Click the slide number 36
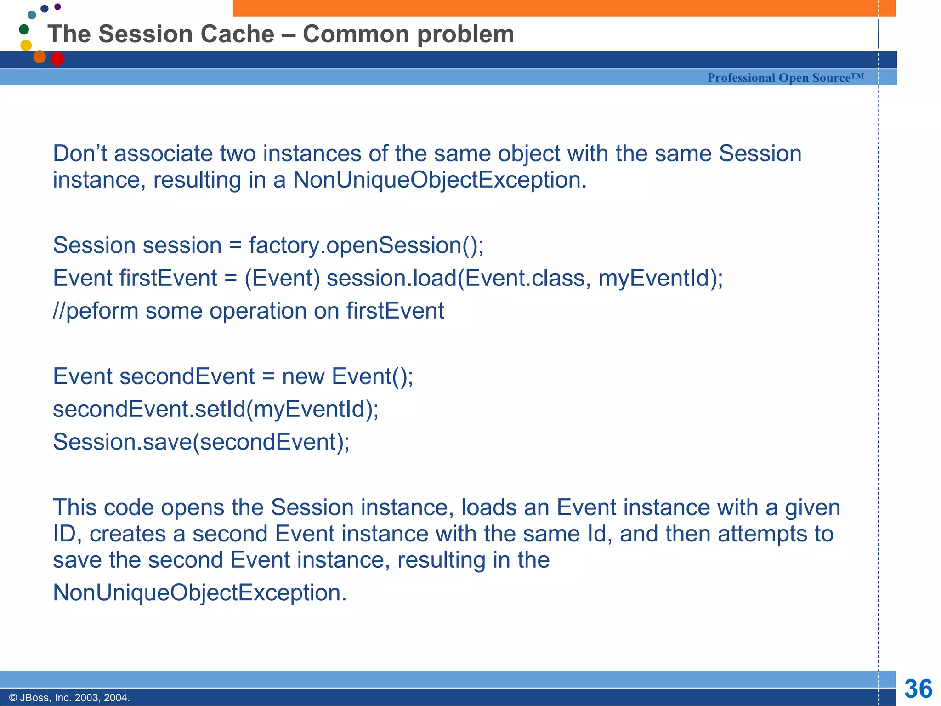[918, 689]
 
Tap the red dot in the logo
[57, 59]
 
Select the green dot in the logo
[24, 30]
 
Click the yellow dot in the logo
[26, 45]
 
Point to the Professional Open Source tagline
[785, 78]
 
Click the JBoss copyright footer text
[69, 698]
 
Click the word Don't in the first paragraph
[80, 154]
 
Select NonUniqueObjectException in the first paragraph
[439, 180]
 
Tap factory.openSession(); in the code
[366, 245]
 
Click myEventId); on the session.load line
[660, 278]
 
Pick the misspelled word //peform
[96, 311]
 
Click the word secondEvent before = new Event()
[187, 376]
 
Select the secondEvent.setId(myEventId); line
[215, 409]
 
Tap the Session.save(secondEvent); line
[201, 442]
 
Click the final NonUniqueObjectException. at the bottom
[199, 592]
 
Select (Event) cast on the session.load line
[282, 278]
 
